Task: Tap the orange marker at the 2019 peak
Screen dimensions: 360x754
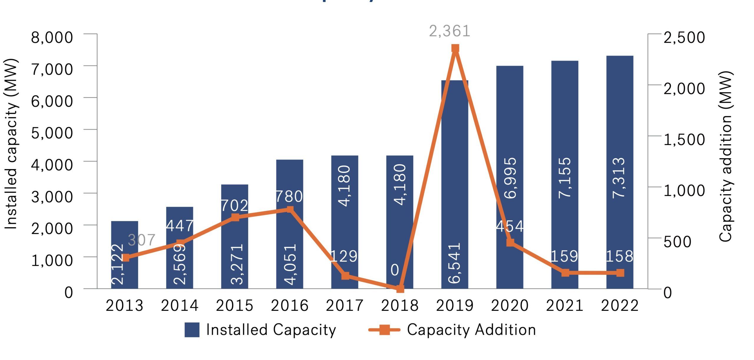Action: pyautogui.click(x=455, y=49)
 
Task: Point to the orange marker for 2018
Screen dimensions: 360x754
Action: pyautogui.click(x=400, y=289)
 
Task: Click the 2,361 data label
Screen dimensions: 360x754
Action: pyautogui.click(x=449, y=31)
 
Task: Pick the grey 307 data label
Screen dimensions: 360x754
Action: pyautogui.click(x=142, y=240)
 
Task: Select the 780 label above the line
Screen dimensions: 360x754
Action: pyautogui.click(x=289, y=196)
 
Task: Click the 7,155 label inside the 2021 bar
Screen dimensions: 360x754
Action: pyautogui.click(x=565, y=178)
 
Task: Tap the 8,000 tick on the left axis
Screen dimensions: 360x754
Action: pyautogui.click(x=52, y=37)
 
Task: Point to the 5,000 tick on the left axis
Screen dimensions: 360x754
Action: pyautogui.click(x=52, y=133)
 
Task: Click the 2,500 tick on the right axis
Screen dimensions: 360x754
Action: pyautogui.click(x=684, y=37)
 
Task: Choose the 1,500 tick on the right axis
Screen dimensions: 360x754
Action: pyautogui.click(x=684, y=139)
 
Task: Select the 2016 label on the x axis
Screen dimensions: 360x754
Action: pyautogui.click(x=290, y=305)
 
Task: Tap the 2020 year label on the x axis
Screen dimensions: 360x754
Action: pyautogui.click(x=510, y=305)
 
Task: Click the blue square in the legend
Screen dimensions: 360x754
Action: pyautogui.click(x=192, y=330)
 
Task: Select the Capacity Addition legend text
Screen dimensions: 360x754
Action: pyautogui.click(x=471, y=330)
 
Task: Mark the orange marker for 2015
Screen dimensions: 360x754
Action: pyautogui.click(x=235, y=218)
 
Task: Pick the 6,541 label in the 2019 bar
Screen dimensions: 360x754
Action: pyautogui.click(x=454, y=263)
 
